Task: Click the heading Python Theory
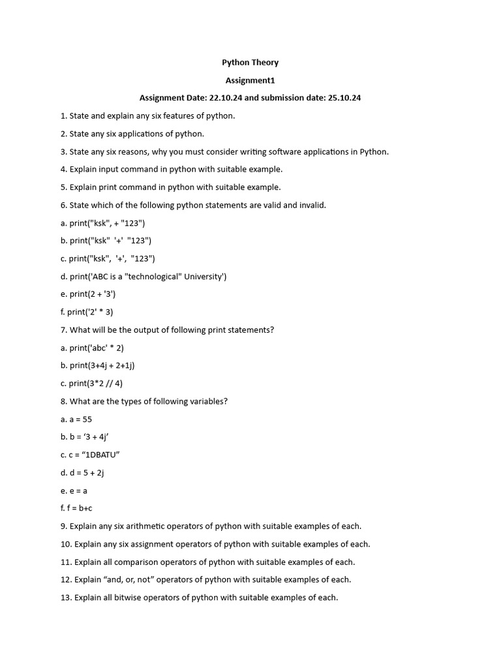[x=250, y=63]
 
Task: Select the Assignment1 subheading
[x=250, y=80]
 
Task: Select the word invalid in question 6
[x=312, y=205]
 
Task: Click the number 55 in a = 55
[x=87, y=419]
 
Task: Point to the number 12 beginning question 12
[x=65, y=579]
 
